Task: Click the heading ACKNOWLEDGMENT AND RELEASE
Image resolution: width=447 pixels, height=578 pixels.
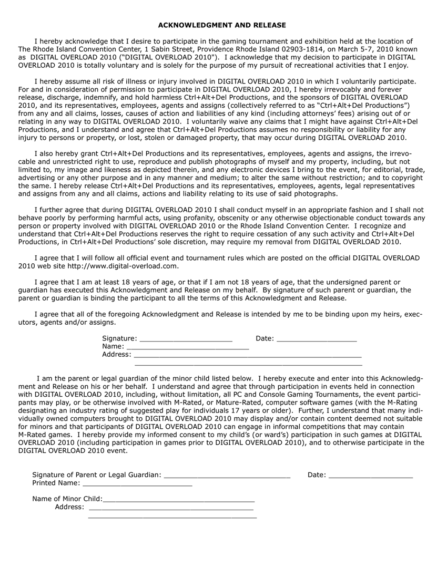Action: point(222,25)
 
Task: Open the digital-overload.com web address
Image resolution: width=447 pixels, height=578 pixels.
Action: point(127,266)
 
